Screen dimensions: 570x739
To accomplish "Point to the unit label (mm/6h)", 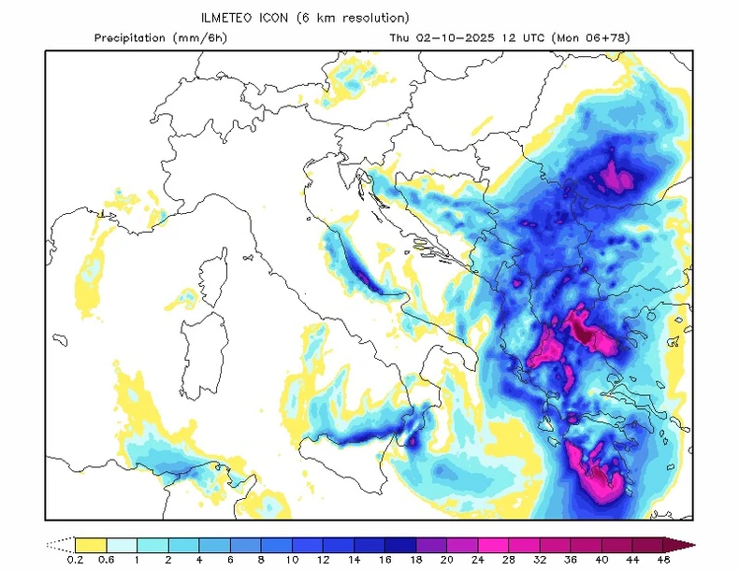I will pos(203,38).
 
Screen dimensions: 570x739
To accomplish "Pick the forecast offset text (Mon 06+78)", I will pos(590,38).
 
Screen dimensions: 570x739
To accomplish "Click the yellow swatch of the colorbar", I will pos(90,544).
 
